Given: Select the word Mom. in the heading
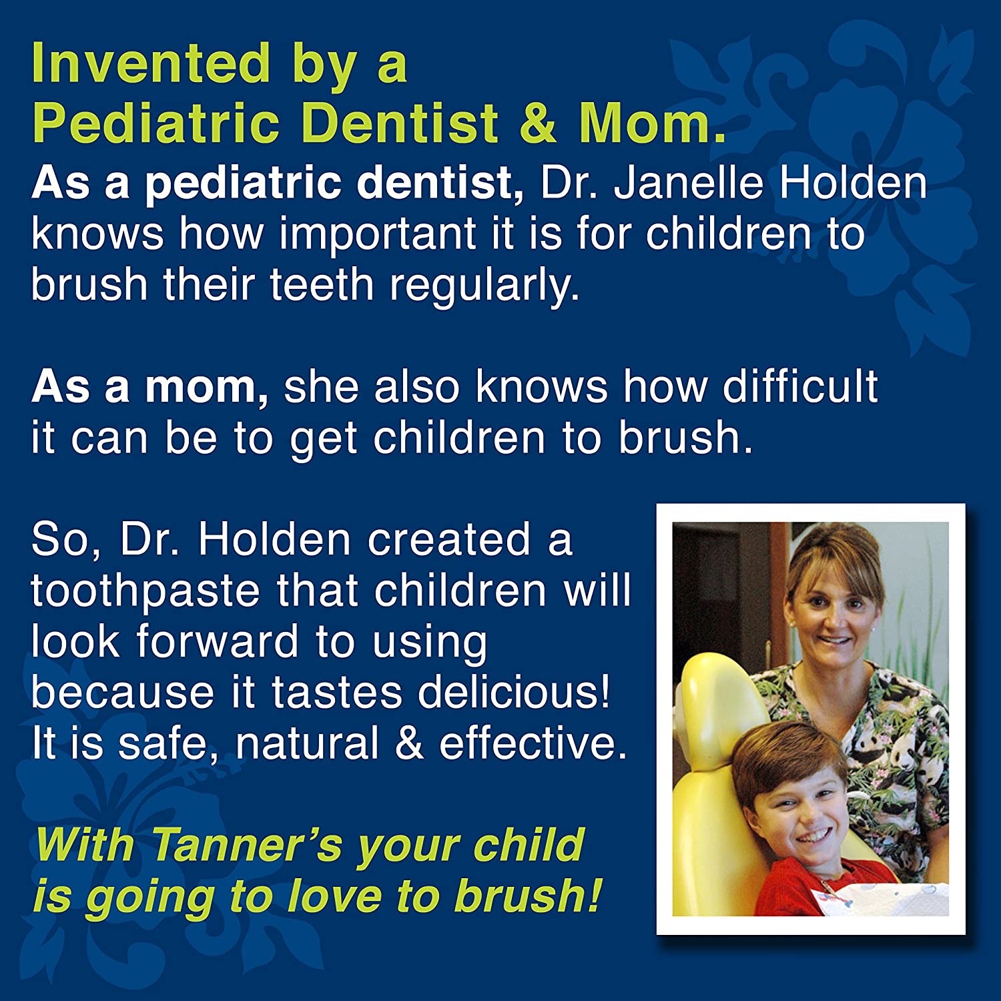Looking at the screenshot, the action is [x=652, y=123].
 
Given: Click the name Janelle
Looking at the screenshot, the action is [x=688, y=184].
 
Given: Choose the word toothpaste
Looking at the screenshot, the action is [x=145, y=593].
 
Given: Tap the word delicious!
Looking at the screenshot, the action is [x=514, y=692].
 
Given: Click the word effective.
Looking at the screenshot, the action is [x=533, y=743].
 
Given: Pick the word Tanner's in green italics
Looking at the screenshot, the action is [x=246, y=845].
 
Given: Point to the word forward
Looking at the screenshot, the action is [x=218, y=642].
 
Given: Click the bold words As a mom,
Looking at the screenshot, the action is [x=150, y=387].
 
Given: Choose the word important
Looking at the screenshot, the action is [x=378, y=236].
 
